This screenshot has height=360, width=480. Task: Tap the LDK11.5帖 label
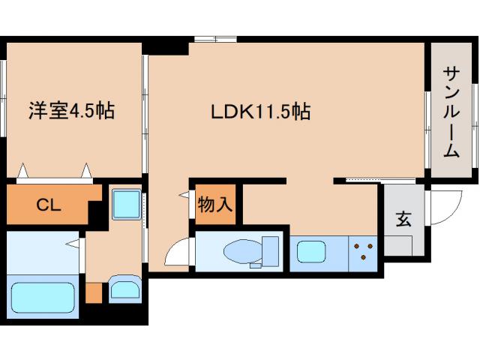[259, 112]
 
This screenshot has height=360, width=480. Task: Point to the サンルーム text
[451, 112]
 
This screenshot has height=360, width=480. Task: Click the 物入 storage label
[216, 204]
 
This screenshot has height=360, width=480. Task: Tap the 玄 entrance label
[403, 220]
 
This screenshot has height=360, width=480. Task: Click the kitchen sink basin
[312, 252]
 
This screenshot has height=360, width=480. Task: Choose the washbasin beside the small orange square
[124, 289]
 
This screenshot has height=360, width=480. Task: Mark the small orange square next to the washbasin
[93, 292]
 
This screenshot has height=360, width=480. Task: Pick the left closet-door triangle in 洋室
[23, 170]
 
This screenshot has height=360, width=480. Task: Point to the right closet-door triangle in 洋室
[88, 170]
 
